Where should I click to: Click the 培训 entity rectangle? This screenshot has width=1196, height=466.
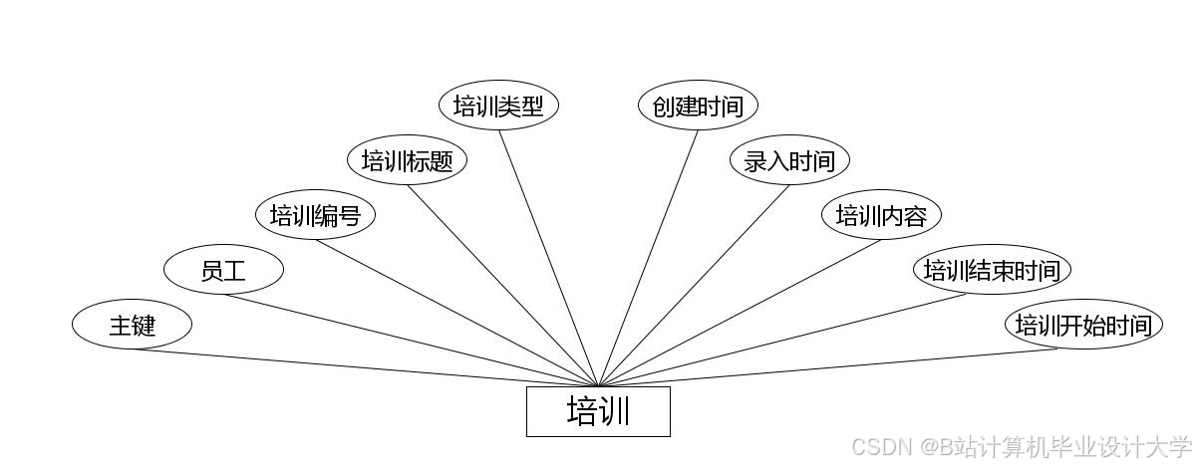598,411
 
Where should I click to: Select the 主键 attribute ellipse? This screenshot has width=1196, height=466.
132,325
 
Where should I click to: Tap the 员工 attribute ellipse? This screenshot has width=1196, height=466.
223,270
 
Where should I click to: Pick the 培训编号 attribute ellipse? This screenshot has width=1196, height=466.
315,215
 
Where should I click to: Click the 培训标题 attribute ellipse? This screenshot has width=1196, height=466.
407,160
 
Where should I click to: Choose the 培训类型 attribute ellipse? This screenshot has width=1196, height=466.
498,106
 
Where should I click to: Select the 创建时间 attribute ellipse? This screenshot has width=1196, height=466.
698,106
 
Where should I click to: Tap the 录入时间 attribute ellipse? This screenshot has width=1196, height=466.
789,160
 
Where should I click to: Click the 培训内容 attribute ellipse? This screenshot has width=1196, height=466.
881,215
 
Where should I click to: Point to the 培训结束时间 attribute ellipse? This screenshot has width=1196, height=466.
993,270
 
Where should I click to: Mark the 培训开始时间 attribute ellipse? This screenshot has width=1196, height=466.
1083,325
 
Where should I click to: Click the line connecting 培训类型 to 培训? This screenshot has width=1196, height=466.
548,258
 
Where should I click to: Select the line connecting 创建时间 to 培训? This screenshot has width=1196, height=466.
648,258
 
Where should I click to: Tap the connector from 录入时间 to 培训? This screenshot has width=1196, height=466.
694,286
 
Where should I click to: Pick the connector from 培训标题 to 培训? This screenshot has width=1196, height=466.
502,286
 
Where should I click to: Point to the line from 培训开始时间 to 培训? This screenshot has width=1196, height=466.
827,367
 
